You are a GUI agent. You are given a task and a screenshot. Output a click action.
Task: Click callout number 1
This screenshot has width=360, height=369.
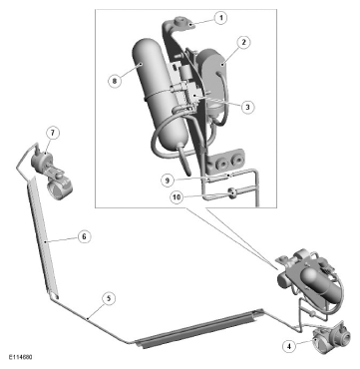coord(219,17)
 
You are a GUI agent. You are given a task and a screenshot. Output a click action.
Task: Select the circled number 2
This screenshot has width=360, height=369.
coord(244,42)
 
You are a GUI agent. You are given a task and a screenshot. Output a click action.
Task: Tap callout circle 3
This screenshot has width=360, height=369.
coord(247,107)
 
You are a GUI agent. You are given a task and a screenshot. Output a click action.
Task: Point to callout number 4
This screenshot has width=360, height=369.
coord(289,346)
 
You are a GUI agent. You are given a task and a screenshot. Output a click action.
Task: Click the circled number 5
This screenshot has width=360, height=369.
coord(108,298)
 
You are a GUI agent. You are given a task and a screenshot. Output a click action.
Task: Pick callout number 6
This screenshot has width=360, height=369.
coord(84,236)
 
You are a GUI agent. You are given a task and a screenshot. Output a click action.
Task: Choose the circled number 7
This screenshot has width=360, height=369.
coord(53,133)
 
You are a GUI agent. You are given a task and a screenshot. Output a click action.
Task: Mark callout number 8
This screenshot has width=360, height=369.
coord(115,81)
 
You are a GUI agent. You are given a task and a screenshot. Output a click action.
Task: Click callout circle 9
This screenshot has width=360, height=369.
coord(168,181)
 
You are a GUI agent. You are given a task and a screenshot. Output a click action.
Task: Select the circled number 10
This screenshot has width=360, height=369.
coord(178,196)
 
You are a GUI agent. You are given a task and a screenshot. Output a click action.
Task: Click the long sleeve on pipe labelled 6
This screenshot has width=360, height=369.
coord(43,236)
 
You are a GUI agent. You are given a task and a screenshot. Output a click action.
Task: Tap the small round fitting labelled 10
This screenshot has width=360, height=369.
coord(231,192)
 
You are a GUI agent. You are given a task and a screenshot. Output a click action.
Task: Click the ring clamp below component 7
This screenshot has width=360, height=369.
coord(60,188)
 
